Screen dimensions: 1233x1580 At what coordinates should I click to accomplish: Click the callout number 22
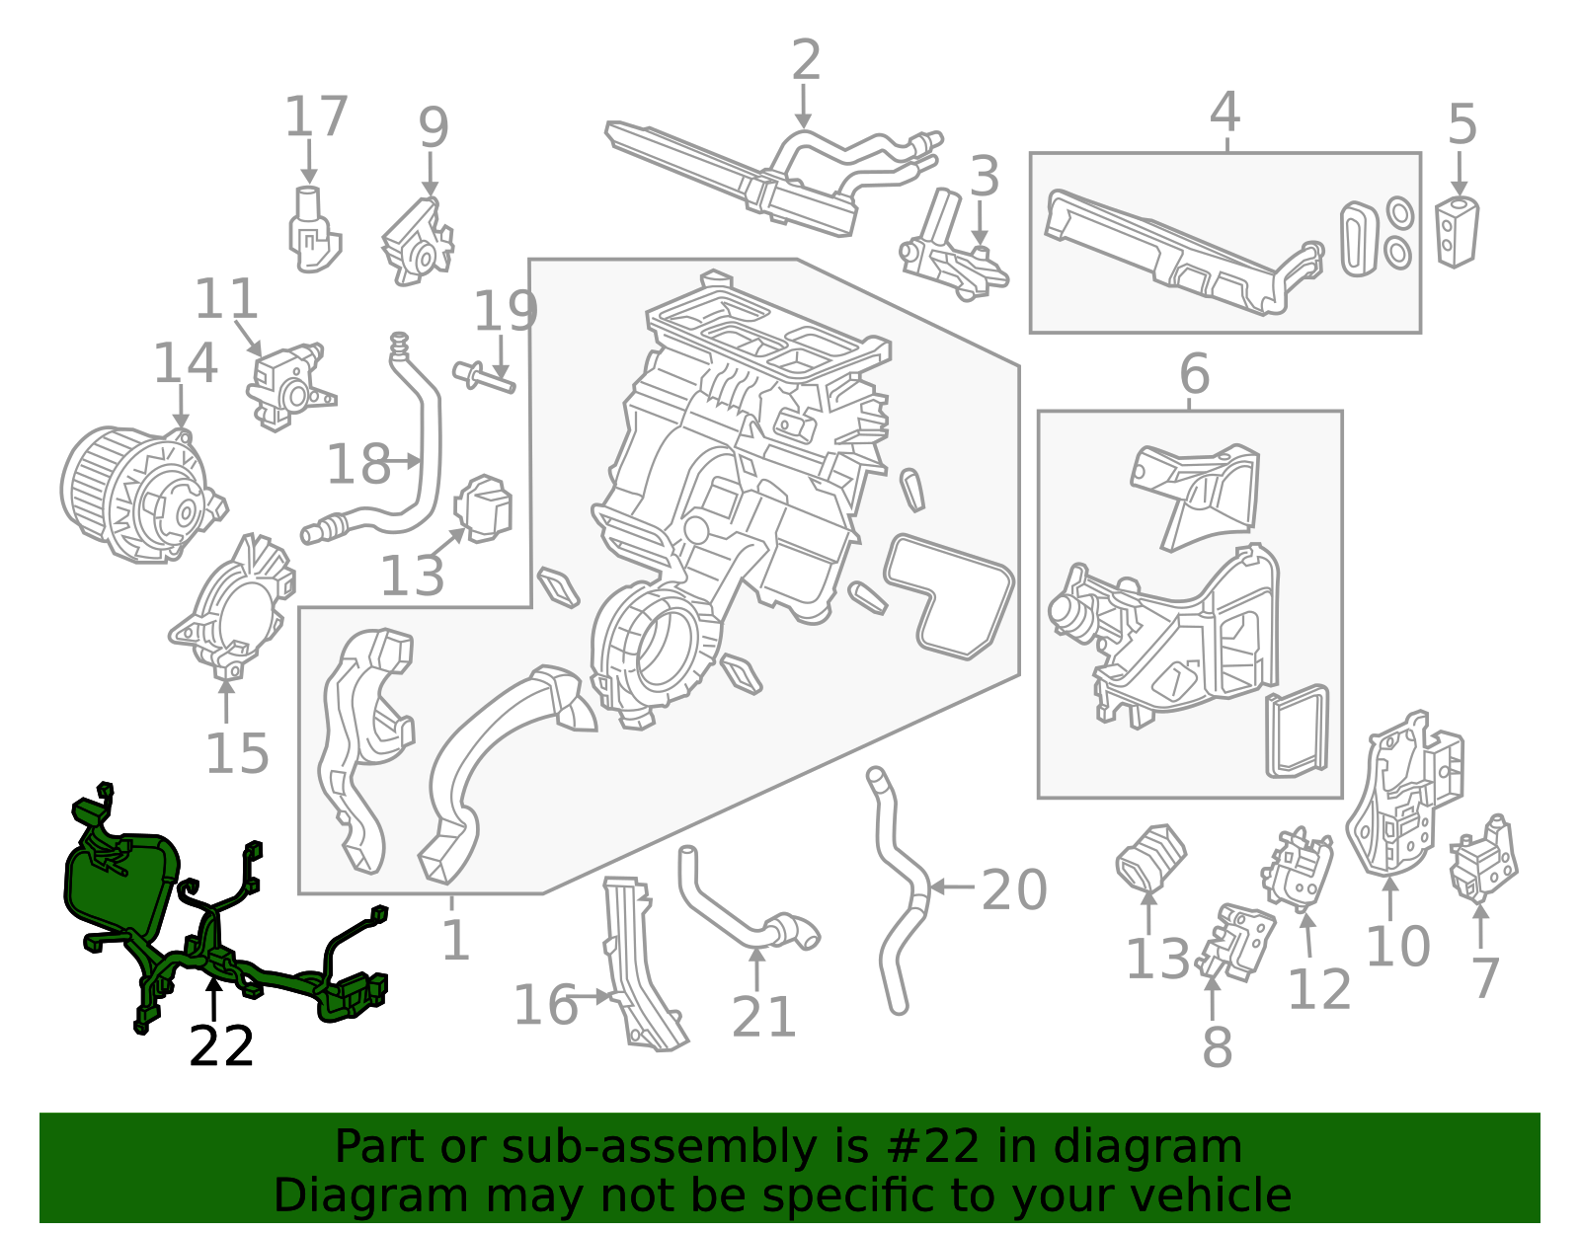click(221, 1046)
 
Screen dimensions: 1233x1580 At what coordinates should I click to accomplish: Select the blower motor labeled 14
click(138, 494)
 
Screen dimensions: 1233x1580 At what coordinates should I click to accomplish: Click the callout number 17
click(316, 116)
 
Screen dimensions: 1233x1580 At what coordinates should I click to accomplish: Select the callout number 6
click(1194, 374)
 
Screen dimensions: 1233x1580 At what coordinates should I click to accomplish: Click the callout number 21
click(763, 1017)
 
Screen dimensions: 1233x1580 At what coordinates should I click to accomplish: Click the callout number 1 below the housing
click(454, 939)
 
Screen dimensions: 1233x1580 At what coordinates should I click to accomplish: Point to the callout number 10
click(1397, 946)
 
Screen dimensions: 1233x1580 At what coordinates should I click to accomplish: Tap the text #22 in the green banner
click(933, 1146)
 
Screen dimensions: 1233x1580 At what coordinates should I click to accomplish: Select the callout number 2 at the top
click(806, 60)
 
